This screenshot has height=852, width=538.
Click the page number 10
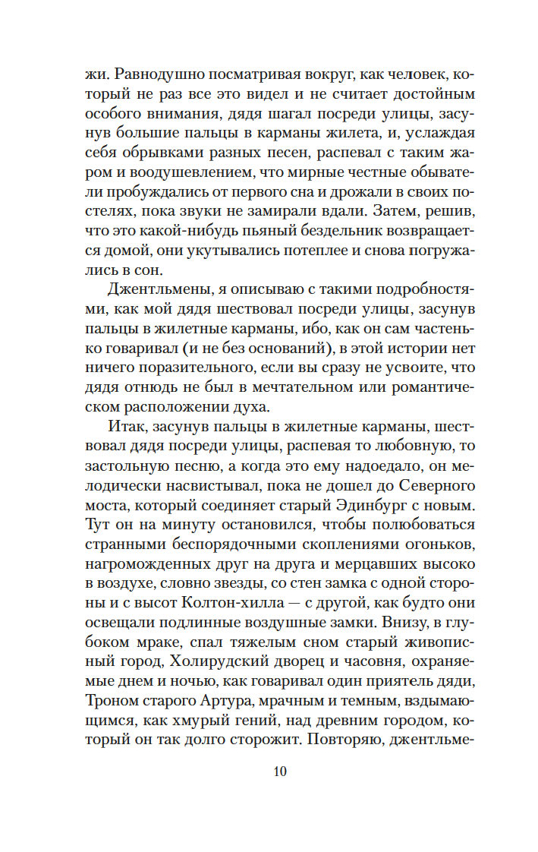coord(280,772)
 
